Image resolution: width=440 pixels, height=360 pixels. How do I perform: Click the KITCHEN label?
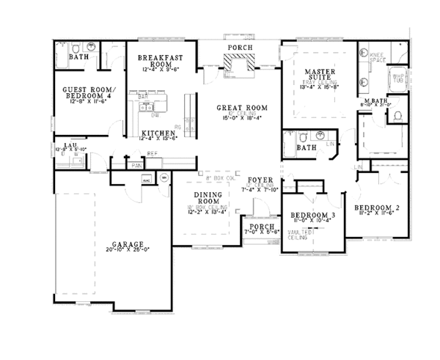coord(158,133)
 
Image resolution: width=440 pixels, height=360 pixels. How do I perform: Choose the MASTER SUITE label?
coord(319,75)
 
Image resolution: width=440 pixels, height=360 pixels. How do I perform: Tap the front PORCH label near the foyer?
coord(261,227)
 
